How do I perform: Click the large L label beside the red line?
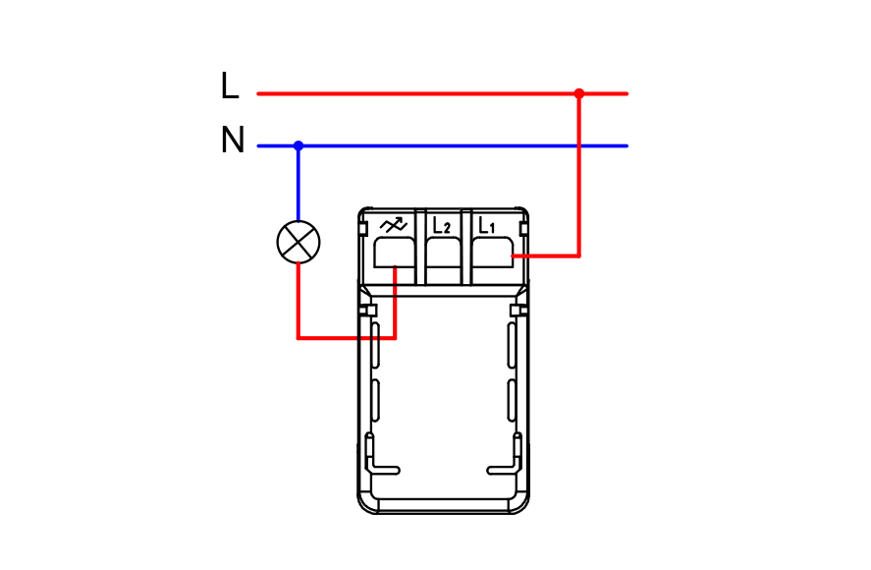[x=230, y=85]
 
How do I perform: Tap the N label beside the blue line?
[x=233, y=140]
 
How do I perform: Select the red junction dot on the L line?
[x=578, y=93]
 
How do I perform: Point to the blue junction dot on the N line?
[x=299, y=145]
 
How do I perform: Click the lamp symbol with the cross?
[x=299, y=242]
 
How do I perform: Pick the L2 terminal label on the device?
[x=442, y=225]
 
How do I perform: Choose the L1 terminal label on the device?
[x=487, y=225]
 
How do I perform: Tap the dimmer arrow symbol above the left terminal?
[x=394, y=225]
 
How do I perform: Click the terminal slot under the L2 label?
[x=443, y=253]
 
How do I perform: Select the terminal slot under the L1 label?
[x=492, y=253]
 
